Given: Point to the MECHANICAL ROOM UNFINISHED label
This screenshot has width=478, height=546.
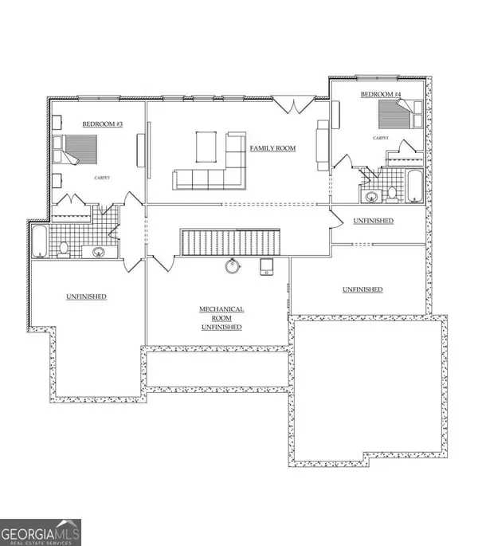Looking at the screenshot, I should coord(221,318).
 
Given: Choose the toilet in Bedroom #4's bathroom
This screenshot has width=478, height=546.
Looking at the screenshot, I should coord(392,192).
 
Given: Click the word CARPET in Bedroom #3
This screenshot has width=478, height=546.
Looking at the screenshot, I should coord(101,177).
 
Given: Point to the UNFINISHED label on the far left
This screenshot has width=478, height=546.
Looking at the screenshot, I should coord(86,297).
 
